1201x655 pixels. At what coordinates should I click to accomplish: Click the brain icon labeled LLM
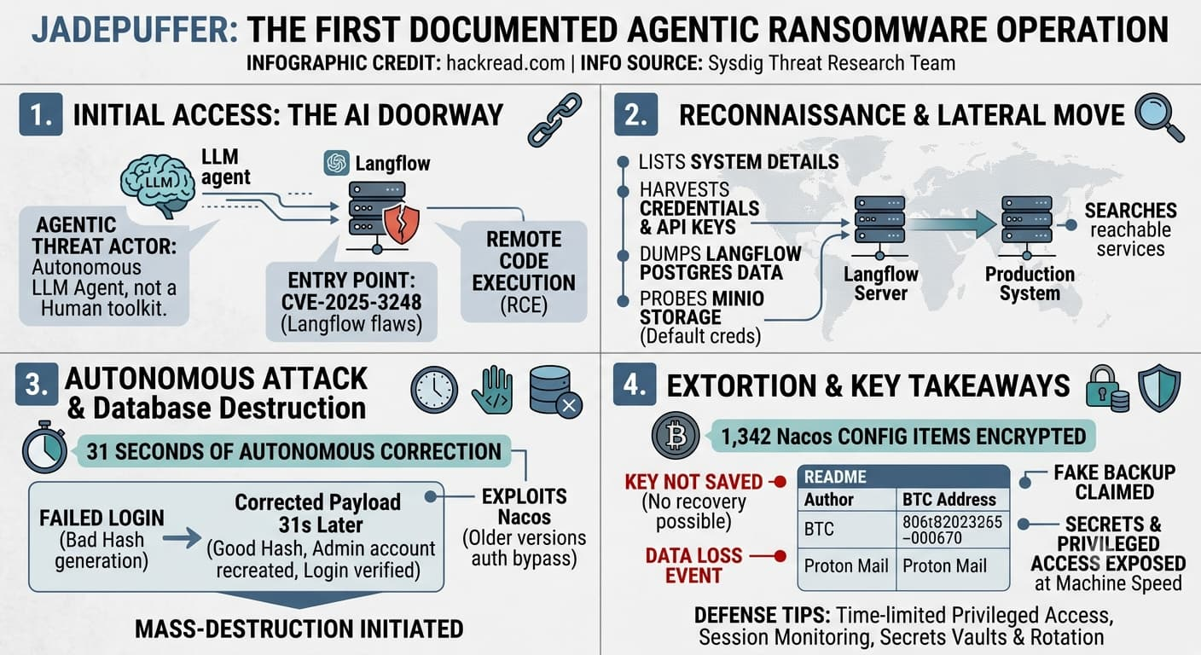coord(157,185)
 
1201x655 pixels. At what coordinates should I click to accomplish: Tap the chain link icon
coord(555,120)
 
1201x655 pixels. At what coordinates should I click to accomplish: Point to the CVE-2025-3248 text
coord(351,302)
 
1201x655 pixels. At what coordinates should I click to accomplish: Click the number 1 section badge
coord(41,114)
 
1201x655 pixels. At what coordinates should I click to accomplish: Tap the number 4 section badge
coord(635,385)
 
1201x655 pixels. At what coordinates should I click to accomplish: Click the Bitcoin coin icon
coord(676,436)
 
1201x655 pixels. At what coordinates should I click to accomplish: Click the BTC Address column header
coord(949,500)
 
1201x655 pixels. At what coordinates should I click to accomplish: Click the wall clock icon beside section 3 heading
coord(434,390)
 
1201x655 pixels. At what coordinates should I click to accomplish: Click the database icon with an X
coord(555,391)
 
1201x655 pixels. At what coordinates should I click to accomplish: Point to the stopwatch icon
coord(45,447)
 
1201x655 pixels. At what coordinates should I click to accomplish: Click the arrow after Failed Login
coord(183,537)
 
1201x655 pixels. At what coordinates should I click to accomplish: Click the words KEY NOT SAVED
coord(693,482)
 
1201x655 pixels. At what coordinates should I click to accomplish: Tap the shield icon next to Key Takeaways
coord(1159,388)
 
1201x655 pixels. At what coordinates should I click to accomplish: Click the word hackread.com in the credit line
coord(506,63)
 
